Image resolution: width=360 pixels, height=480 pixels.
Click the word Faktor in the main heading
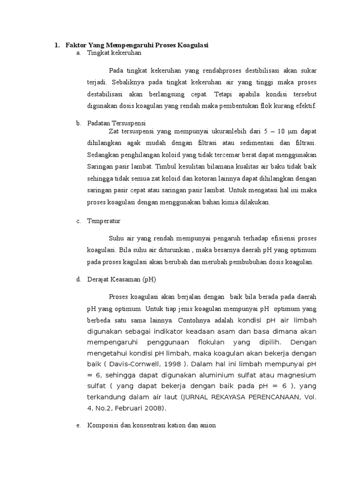[73, 45]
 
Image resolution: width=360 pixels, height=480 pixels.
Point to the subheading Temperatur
[104, 221]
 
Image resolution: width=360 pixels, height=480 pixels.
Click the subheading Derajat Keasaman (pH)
[121, 279]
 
